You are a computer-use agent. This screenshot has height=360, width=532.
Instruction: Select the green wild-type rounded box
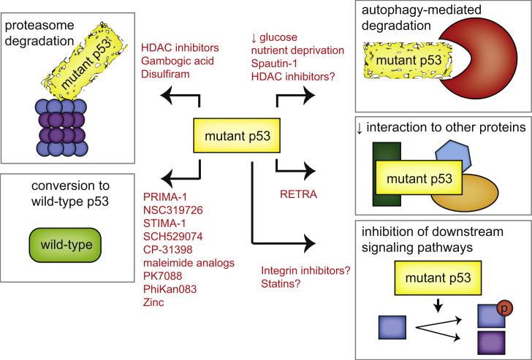(65, 245)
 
